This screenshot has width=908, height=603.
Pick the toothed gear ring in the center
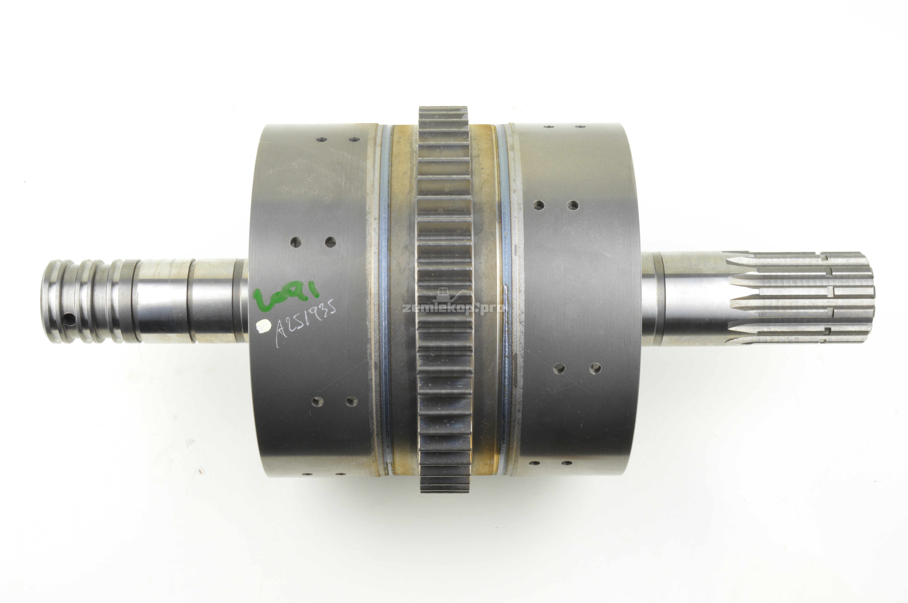click(x=445, y=300)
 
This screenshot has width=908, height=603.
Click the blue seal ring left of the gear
click(x=384, y=300)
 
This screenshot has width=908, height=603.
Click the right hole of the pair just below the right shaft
click(x=595, y=368)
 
